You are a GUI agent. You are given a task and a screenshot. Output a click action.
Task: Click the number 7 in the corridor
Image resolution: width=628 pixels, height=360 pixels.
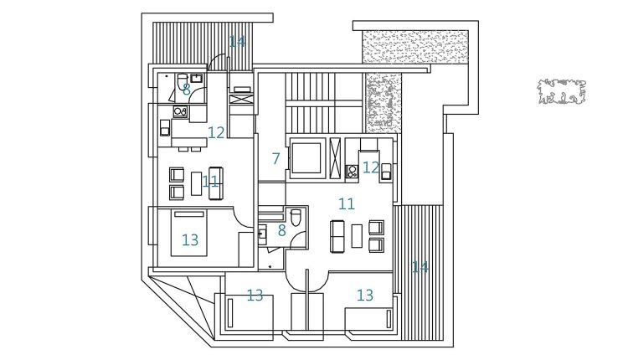coord(275,159)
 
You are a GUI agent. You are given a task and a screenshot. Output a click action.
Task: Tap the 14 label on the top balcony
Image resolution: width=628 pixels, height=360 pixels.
coord(237,41)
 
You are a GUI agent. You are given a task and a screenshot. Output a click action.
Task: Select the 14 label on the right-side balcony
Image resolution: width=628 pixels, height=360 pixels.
coord(420,267)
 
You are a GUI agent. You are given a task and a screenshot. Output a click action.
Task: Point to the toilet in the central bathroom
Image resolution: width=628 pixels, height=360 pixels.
coord(296,218)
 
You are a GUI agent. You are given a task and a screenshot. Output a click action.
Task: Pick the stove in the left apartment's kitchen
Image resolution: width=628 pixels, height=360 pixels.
coord(180,111)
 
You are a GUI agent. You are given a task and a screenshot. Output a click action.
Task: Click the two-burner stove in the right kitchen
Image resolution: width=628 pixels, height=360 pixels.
coord(352,172)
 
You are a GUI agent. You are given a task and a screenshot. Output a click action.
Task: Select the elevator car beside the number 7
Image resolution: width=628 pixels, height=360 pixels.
coord(306,158)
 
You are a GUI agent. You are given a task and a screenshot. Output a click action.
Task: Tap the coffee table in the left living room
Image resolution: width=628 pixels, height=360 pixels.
coord(196,183)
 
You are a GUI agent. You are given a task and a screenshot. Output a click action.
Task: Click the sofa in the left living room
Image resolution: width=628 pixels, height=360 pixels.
coord(216,183)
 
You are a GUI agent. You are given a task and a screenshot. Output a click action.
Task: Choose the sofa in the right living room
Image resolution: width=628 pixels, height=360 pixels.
coord(337,236)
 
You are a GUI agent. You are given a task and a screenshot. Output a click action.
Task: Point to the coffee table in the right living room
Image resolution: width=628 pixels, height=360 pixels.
coord(357,236)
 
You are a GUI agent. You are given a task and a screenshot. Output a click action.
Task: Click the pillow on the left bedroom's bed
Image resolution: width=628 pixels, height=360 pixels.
coord(189,214)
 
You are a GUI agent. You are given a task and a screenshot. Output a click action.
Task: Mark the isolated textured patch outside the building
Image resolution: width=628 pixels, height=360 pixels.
coord(562,92)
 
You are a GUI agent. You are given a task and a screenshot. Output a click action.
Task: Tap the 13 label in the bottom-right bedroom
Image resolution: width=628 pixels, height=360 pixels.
coord(365,296)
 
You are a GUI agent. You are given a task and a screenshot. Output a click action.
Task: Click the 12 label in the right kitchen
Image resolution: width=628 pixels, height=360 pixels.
coord(370,167)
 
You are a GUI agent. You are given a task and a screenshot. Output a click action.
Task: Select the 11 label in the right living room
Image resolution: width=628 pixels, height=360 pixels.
coord(347,204)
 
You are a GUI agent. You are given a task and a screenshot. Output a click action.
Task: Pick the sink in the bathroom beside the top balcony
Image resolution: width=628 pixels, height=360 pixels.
coord(197,78)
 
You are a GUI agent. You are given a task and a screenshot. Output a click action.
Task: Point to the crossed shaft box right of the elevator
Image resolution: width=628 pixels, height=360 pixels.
coord(335,158)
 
